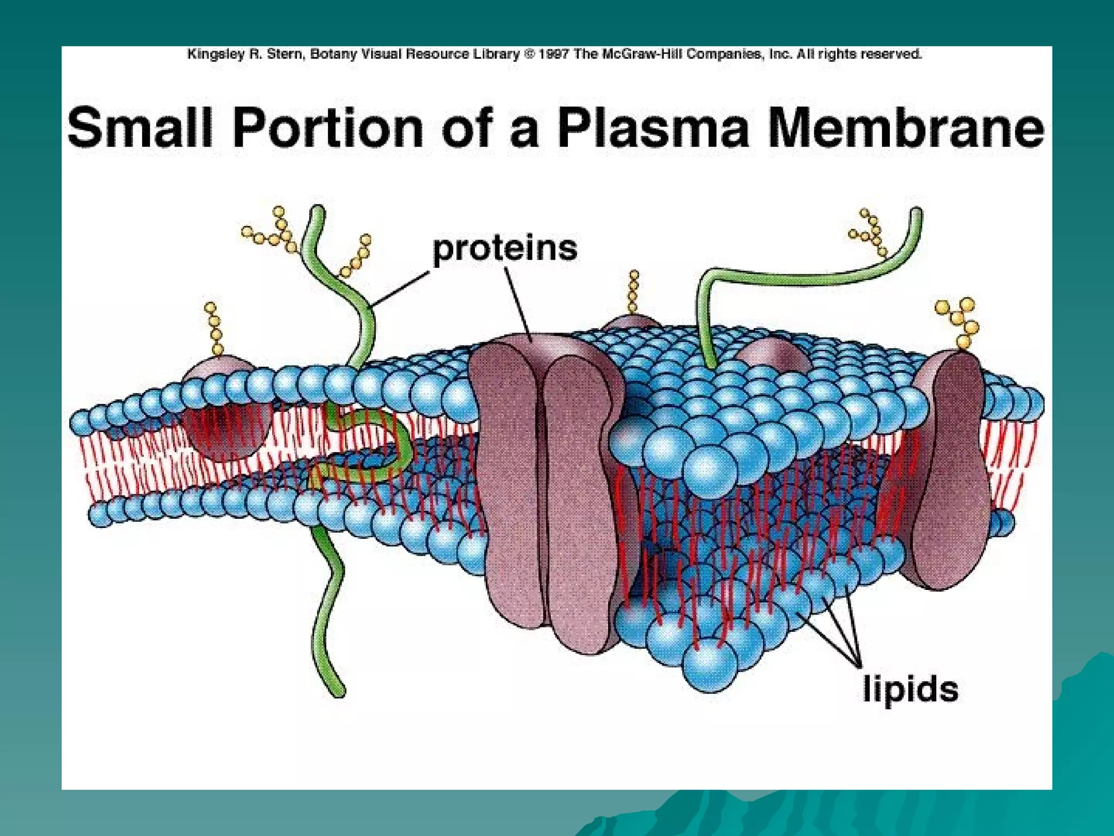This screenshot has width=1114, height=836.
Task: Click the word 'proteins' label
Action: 504,249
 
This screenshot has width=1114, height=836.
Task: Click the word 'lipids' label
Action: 911,690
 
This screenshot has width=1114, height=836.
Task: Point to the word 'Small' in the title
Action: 139,127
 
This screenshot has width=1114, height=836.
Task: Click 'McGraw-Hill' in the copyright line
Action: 643,54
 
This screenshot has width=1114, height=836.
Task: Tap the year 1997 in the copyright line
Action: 554,54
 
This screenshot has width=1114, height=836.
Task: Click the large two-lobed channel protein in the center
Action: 547,490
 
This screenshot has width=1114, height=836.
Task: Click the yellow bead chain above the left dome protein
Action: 214,329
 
